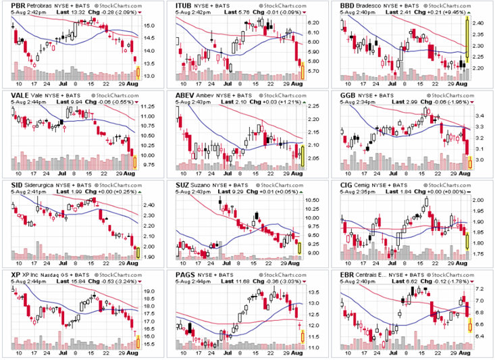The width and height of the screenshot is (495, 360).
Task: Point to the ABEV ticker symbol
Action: pos(186,95)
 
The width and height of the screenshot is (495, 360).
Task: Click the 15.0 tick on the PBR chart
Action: pos(149,26)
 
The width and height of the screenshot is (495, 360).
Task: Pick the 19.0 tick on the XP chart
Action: pos(150,291)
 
